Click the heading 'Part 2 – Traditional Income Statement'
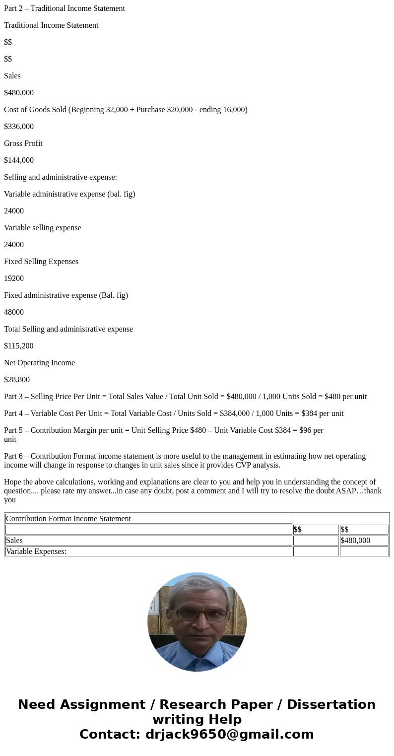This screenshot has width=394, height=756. click(x=65, y=8)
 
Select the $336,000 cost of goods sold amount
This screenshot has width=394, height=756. click(x=19, y=127)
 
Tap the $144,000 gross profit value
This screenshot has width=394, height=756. click(x=19, y=160)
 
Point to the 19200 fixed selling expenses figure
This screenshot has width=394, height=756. click(x=14, y=278)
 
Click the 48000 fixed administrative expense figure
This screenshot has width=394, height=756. click(x=14, y=312)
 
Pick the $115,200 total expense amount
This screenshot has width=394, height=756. click(x=19, y=346)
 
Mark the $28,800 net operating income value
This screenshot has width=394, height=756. click(x=17, y=380)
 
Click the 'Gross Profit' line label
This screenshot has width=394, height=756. click(x=23, y=143)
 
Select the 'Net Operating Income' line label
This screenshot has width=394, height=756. click(x=39, y=363)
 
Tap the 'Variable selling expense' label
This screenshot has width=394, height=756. click(x=42, y=228)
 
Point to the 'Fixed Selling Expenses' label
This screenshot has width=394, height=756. click(x=41, y=262)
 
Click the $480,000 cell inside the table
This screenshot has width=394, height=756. click(x=355, y=541)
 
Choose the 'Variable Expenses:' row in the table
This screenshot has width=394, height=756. click(x=36, y=551)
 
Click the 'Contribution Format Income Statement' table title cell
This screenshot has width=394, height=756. click(x=68, y=519)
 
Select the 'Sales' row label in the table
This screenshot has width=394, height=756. click(x=14, y=541)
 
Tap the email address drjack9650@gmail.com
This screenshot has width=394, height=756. click(x=229, y=734)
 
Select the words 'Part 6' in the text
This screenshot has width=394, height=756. click(x=15, y=456)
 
